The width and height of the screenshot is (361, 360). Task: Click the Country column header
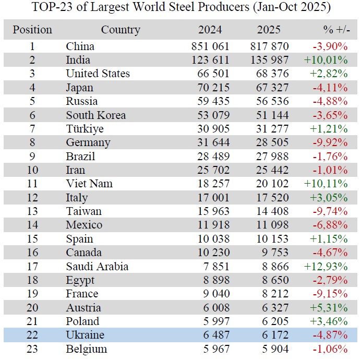121,30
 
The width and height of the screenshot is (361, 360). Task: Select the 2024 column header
210,30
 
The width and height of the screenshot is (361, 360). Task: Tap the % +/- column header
334,30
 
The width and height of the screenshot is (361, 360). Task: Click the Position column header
32,30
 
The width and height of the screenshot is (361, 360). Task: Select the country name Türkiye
85,129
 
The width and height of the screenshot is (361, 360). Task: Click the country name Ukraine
85,335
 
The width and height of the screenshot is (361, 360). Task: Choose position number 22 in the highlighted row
32,335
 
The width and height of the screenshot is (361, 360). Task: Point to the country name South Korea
95,115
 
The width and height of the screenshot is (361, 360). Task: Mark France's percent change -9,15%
329,294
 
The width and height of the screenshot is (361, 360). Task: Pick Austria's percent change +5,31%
329,308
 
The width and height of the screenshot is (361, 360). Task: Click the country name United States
98,74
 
